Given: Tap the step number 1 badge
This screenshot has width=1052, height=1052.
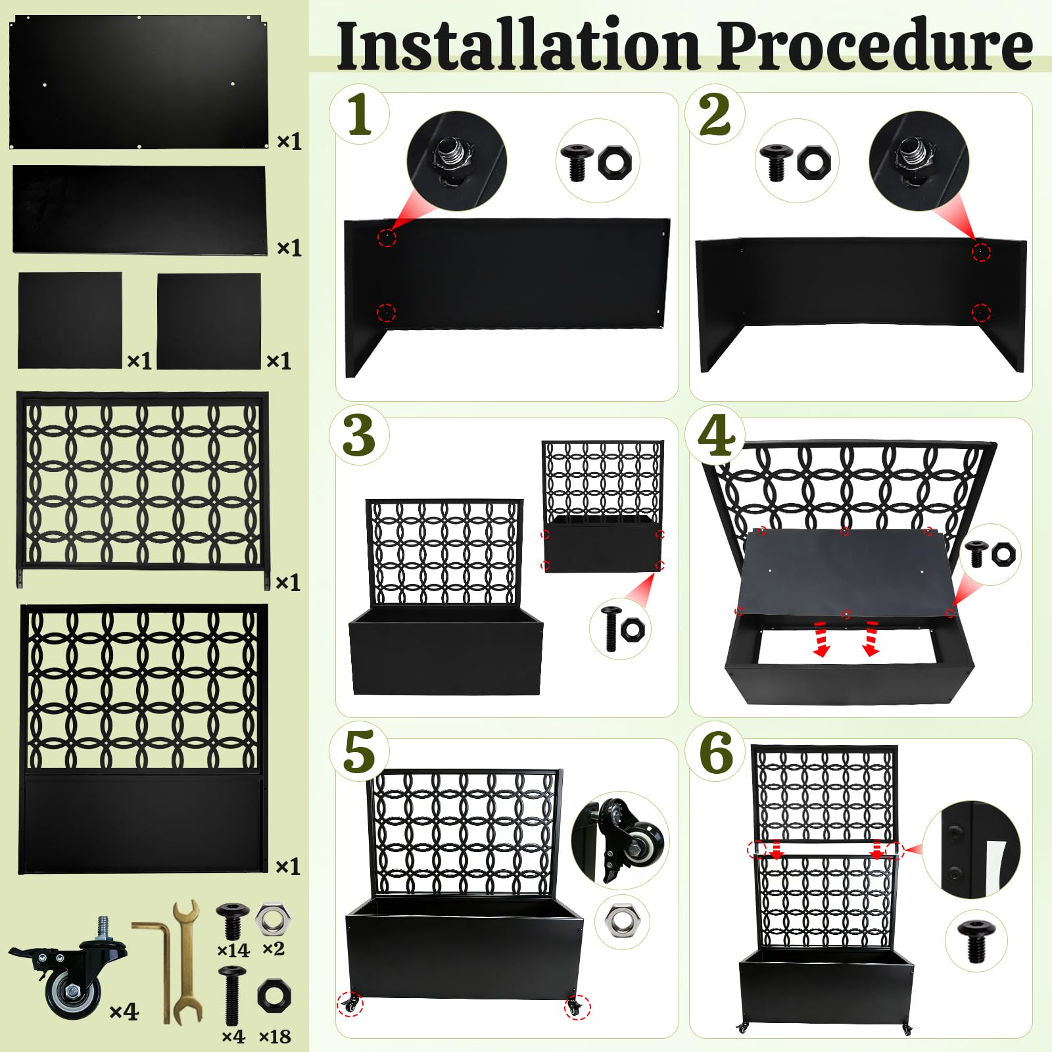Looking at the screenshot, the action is tap(359, 114).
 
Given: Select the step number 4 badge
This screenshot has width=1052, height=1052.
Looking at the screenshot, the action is tap(715, 435).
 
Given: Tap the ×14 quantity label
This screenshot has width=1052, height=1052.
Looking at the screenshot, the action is tap(233, 950).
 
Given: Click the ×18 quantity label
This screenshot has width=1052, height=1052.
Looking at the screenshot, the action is tap(275, 1037).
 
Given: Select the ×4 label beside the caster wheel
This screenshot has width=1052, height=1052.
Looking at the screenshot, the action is tap(124, 1011).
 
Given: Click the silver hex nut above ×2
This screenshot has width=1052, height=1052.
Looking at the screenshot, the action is tap(272, 919).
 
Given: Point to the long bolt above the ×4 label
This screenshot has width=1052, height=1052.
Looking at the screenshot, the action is tap(231, 995).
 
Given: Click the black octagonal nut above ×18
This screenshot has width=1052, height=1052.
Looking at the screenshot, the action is tap(274, 996).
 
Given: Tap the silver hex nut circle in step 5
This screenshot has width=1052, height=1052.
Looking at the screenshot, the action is tap(622, 921).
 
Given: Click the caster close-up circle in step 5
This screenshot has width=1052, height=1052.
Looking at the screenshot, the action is tap(619, 840).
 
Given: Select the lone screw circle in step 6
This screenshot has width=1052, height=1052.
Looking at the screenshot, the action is tap(976, 940).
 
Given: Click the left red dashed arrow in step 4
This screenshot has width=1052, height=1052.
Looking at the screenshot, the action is tap(821, 638).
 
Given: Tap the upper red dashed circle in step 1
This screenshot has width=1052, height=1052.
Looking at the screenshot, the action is tap(387, 237).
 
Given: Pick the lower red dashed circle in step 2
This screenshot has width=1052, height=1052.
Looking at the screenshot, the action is tap(981, 312).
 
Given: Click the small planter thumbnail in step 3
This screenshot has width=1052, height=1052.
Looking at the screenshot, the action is tap(603, 506).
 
